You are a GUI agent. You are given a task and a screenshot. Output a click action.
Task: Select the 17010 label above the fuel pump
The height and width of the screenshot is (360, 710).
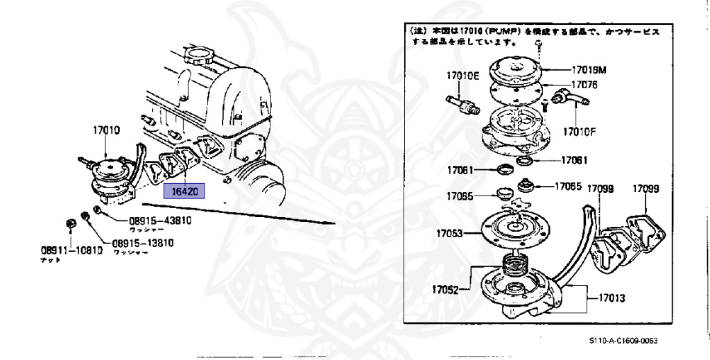[x=105, y=128]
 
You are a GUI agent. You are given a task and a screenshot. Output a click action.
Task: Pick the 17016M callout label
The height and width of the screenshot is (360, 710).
[x=590, y=70]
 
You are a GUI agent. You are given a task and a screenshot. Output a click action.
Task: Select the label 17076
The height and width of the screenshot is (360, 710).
[x=585, y=86]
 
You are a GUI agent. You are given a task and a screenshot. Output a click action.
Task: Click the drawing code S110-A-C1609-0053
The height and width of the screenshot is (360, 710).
[x=623, y=341]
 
